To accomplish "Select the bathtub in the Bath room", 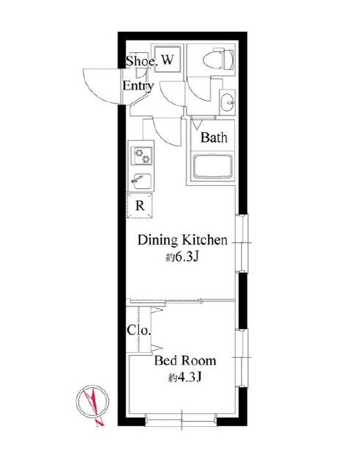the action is [x=213, y=166].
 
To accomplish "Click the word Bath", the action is [x=214, y=137].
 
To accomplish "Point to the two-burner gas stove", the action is [x=141, y=156].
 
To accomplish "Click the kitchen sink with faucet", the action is [x=141, y=182].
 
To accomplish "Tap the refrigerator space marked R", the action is [x=140, y=205].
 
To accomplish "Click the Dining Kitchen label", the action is [x=182, y=240].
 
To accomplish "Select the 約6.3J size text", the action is [x=182, y=257].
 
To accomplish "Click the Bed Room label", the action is [x=185, y=361].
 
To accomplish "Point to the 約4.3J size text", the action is [x=184, y=378].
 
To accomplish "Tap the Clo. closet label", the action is [x=139, y=331].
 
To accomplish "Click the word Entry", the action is [x=138, y=86].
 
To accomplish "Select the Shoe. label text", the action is [x=140, y=61].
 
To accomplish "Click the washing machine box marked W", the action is [x=168, y=59].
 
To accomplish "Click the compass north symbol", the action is [x=93, y=404].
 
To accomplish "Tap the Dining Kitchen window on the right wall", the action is [x=242, y=243].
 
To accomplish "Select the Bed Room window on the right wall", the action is [x=242, y=358].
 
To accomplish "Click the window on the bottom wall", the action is [x=181, y=420].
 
